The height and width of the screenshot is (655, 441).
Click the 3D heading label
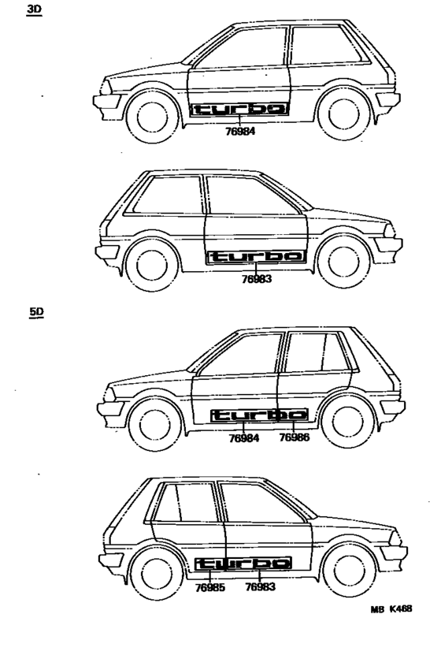[34, 9]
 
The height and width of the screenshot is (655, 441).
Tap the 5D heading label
[37, 311]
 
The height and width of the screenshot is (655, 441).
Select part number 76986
[295, 437]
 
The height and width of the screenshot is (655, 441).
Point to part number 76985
[209, 587]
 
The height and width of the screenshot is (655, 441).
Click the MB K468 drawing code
[391, 608]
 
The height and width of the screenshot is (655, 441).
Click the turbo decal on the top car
[239, 109]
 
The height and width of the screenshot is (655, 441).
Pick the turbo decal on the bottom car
[243, 563]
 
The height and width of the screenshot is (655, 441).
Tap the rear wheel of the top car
[343, 114]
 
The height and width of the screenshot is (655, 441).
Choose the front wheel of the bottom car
[349, 571]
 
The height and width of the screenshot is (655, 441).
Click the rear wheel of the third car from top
[348, 422]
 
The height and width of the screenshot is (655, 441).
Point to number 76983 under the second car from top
[257, 278]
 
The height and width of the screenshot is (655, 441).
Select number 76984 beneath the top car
[240, 131]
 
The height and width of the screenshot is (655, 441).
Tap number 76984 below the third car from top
[244, 437]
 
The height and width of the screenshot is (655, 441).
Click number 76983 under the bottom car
[261, 587]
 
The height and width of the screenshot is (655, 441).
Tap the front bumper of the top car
[107, 102]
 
